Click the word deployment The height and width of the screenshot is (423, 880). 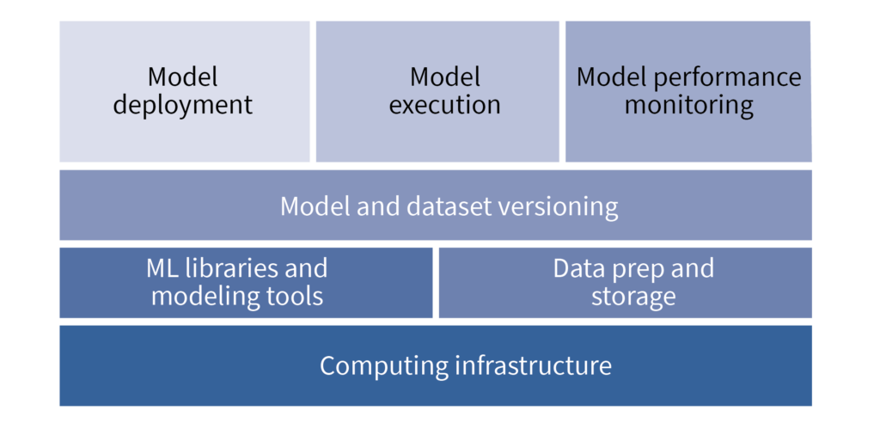183,106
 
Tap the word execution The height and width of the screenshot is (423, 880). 444,106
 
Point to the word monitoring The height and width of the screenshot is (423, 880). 688,106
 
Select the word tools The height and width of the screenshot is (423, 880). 295,297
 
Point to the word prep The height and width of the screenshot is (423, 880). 632,269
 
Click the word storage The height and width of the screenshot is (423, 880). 633,297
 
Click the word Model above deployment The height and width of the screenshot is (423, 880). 183,77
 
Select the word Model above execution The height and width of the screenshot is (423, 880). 444,77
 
